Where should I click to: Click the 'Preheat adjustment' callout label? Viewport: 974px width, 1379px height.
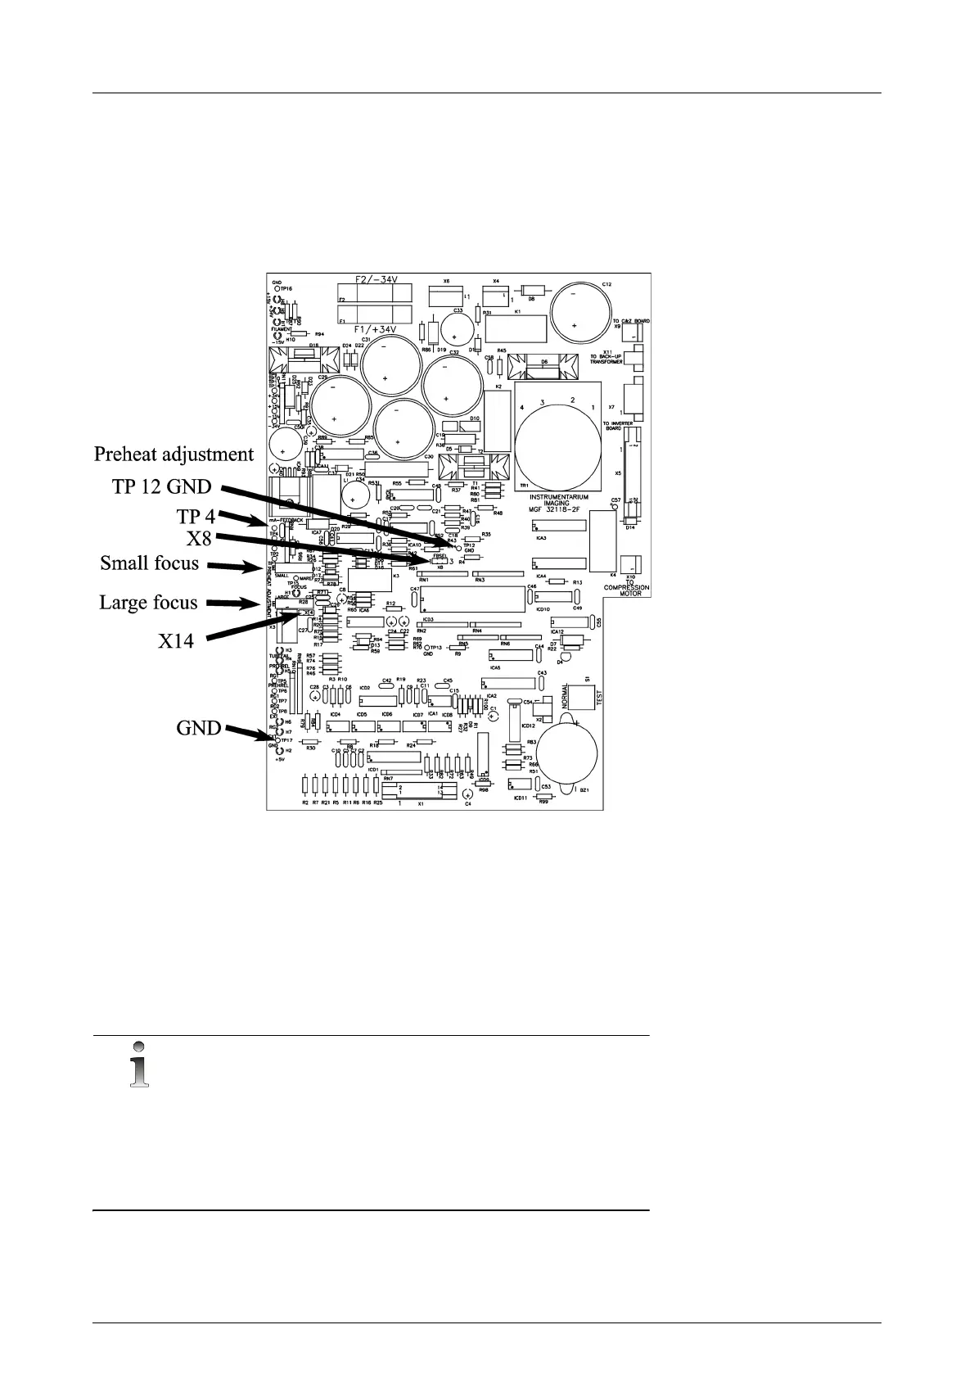click(174, 454)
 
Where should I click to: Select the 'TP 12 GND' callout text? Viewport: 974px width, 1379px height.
click(161, 487)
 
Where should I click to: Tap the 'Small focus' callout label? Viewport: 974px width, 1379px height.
click(149, 563)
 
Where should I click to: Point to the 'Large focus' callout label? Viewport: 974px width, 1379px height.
click(148, 603)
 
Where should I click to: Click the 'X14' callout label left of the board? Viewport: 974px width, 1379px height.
click(176, 640)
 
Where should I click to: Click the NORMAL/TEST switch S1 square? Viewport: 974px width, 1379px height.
click(579, 698)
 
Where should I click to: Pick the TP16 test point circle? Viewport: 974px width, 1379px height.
click(277, 289)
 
